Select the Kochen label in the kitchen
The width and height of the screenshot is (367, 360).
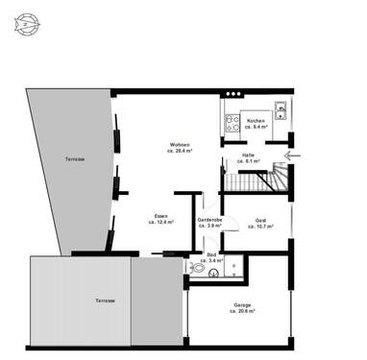pyautogui.click(x=256, y=121)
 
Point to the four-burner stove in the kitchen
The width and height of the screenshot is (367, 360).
pyautogui.click(x=232, y=121)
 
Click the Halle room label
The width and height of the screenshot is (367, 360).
pyautogui.click(x=247, y=156)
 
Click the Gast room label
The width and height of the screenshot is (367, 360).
pyautogui.click(x=260, y=220)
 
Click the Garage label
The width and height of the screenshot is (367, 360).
pyautogui.click(x=243, y=306)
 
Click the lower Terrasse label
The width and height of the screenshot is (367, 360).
pyautogui.click(x=103, y=300)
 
